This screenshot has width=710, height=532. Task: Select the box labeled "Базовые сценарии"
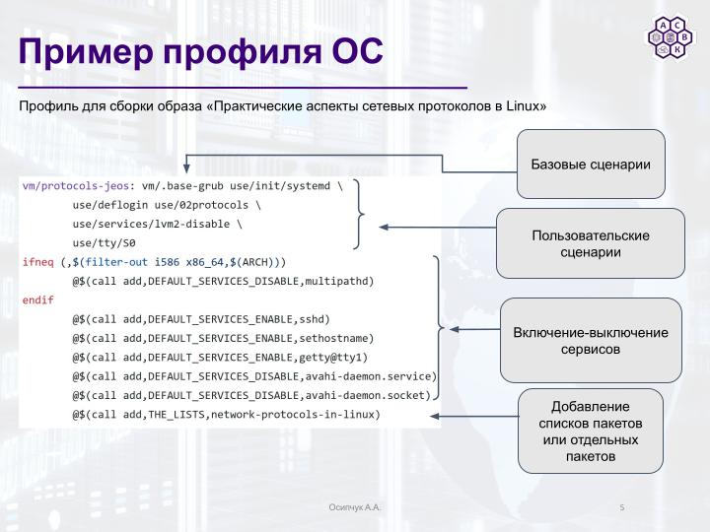(x=591, y=163)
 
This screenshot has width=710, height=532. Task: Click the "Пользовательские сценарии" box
(x=590, y=243)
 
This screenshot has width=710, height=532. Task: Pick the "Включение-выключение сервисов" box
(x=591, y=340)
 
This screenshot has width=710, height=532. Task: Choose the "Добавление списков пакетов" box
(x=591, y=431)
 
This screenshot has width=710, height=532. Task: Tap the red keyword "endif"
(x=37, y=299)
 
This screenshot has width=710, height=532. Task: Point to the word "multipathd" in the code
(x=339, y=281)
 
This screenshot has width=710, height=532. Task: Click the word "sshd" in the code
(x=314, y=319)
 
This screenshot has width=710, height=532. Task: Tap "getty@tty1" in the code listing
(x=335, y=357)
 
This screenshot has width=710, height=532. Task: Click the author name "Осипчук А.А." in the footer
(x=355, y=507)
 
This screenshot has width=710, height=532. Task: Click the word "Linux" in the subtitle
(x=522, y=105)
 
